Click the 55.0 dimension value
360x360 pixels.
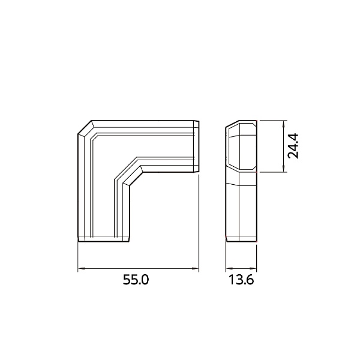click(x=136, y=280)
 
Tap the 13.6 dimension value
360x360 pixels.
click(x=241, y=280)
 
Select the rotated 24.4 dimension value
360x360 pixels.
click(x=293, y=146)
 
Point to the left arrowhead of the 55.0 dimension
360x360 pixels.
click(x=81, y=268)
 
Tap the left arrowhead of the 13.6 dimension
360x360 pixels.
click(x=229, y=268)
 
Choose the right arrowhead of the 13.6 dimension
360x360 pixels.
click(x=253, y=268)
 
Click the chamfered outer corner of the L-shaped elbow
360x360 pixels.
click(x=85, y=127)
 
